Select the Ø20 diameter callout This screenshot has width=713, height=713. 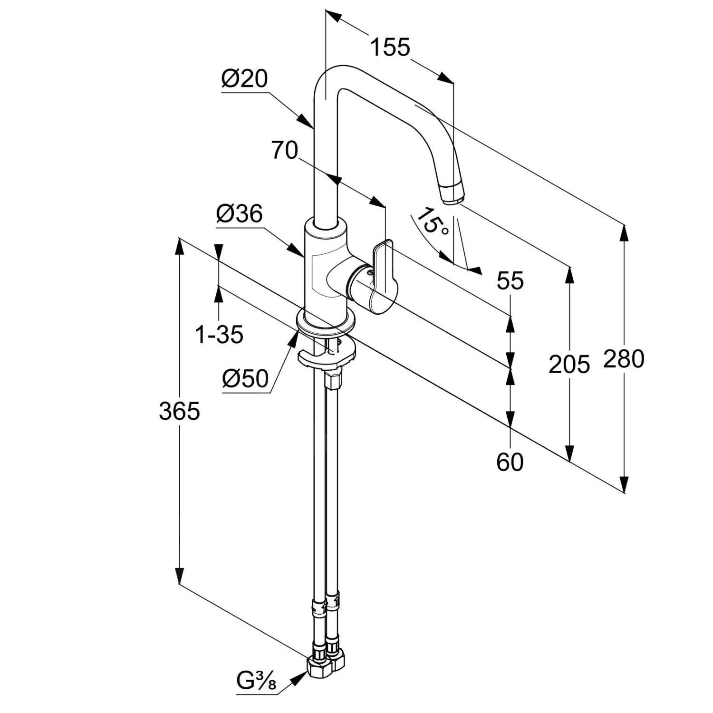point(244,79)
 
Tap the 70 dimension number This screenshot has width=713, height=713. point(284,150)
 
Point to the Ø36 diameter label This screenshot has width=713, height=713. point(239,214)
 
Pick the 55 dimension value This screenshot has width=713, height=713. point(510,280)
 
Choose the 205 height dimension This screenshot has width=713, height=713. point(569,365)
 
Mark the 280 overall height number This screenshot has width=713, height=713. point(623,359)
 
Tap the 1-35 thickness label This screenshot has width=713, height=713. point(219,335)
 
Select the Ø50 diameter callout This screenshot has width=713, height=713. point(245,379)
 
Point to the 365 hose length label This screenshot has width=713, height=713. point(179,411)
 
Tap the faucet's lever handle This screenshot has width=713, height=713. point(385,271)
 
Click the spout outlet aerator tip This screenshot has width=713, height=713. point(452,194)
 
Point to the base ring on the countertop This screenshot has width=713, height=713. point(326,322)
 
